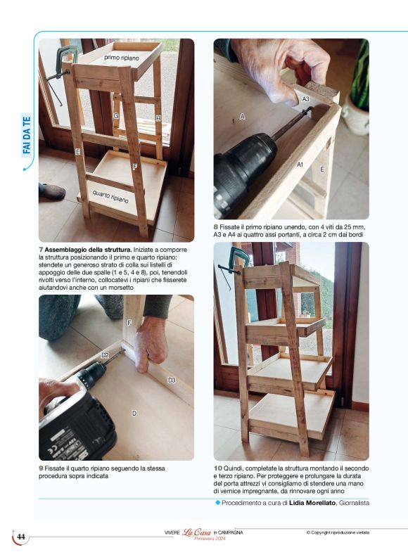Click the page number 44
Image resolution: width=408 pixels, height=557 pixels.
coord(21,537)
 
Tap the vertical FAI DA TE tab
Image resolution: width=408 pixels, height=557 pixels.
coord(27,135)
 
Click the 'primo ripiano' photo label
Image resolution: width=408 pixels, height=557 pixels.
coord(122,57)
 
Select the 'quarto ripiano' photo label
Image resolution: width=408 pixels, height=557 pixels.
coord(110,196)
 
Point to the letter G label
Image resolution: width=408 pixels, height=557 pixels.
coord(116,116)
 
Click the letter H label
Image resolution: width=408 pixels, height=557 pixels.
coord(158,118)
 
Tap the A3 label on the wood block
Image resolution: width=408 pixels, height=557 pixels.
coord(305,99)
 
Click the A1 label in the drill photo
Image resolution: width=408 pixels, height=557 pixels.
coord(300,165)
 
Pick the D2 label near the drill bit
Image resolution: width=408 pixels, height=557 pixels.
coord(106,355)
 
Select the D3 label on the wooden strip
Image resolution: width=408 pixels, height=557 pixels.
coord(172,380)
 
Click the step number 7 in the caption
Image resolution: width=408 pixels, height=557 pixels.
coord(41,250)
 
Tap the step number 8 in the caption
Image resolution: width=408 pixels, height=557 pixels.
coord(216,227)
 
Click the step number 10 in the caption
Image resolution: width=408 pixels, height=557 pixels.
coord(218,468)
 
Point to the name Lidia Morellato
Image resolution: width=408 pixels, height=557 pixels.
coord(312,503)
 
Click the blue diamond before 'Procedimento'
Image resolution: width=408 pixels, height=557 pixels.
coord(218,503)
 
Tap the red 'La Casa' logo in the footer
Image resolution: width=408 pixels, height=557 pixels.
coord(197,532)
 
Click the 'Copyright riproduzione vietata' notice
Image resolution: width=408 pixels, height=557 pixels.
coord(338,532)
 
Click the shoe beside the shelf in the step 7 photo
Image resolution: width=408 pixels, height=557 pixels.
coord(51,191)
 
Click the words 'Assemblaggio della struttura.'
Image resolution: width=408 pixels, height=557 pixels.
coord(88,250)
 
